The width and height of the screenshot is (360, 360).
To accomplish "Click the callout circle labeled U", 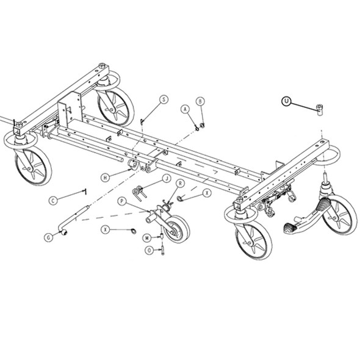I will [286, 101].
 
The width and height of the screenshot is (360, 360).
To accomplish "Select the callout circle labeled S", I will [164, 99].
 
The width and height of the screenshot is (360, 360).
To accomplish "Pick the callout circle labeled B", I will [200, 101].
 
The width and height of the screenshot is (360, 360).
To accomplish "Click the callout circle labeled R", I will [181, 183].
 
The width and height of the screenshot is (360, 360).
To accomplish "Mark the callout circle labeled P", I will [122, 201].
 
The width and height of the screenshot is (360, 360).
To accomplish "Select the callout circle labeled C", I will [53, 200].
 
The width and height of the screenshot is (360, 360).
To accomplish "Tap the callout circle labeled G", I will [48, 237].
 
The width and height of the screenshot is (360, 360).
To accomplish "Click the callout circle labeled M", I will [147, 237].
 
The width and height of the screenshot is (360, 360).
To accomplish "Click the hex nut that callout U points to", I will [320, 110].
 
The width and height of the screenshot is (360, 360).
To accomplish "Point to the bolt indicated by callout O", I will [163, 249].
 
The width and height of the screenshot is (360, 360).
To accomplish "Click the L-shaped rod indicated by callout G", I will [73, 221].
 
